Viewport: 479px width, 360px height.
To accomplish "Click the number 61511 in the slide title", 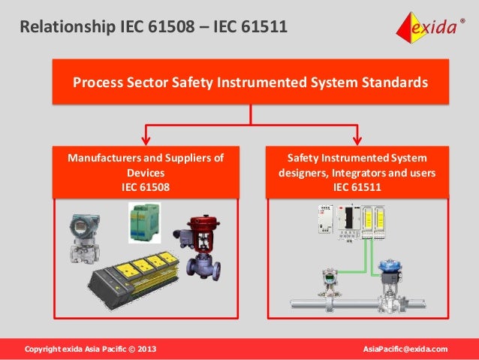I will pyautogui.click(x=263, y=29).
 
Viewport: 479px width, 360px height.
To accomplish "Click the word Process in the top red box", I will pyautogui.click(x=95, y=82).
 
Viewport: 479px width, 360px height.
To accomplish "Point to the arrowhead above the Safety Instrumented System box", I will pyautogui.click(x=357, y=139).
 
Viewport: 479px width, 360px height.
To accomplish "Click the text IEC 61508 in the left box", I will pyautogui.click(x=146, y=186).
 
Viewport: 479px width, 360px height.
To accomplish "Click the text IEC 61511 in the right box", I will pyautogui.click(x=357, y=186).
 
